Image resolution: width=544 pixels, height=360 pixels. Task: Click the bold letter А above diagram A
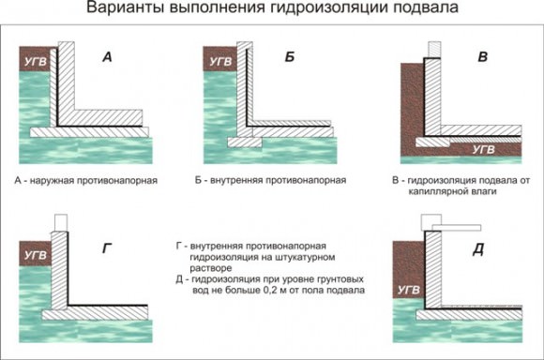tap(107, 56)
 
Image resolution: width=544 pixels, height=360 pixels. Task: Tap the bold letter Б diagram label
tap(290, 56)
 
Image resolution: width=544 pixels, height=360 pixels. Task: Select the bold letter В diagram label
tap(483, 56)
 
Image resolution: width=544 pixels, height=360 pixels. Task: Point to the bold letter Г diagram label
tap(107, 248)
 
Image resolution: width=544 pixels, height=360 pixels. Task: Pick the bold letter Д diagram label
tap(478, 249)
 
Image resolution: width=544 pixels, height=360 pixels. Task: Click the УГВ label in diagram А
tap(36, 62)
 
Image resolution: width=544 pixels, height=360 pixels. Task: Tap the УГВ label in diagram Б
tap(220, 62)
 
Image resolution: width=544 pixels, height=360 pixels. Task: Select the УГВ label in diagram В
tap(484, 149)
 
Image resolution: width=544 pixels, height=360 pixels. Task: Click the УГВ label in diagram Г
tap(36, 255)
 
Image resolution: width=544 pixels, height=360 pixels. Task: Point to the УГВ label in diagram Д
tap(409, 290)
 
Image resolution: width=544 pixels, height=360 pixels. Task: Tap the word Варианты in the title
tap(125, 7)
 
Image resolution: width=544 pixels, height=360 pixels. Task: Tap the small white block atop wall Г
tap(61, 223)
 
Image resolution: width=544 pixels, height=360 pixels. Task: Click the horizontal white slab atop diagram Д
tap(457, 228)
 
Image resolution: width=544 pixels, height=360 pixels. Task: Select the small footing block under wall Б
tap(245, 142)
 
